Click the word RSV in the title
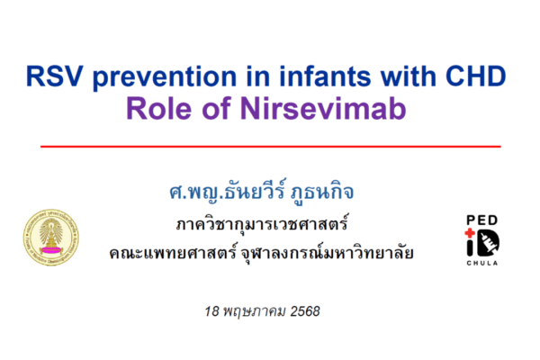coord(54,76)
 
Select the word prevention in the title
coord(165,77)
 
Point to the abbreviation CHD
coord(475,76)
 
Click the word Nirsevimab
coord(323,109)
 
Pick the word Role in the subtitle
coord(158,109)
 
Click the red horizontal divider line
coord(271,147)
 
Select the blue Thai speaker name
coord(262,192)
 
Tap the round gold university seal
coord(51,237)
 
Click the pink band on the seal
coord(51,250)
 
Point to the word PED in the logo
coord(482,220)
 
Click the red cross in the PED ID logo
coord(470,233)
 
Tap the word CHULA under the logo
coord(482,263)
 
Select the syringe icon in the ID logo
coord(489,242)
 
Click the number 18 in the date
coord(211,311)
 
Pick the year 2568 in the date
coord(305,311)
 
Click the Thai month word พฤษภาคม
coord(255,311)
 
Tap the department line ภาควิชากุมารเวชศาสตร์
coord(262,224)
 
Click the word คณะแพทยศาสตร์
coord(173,253)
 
